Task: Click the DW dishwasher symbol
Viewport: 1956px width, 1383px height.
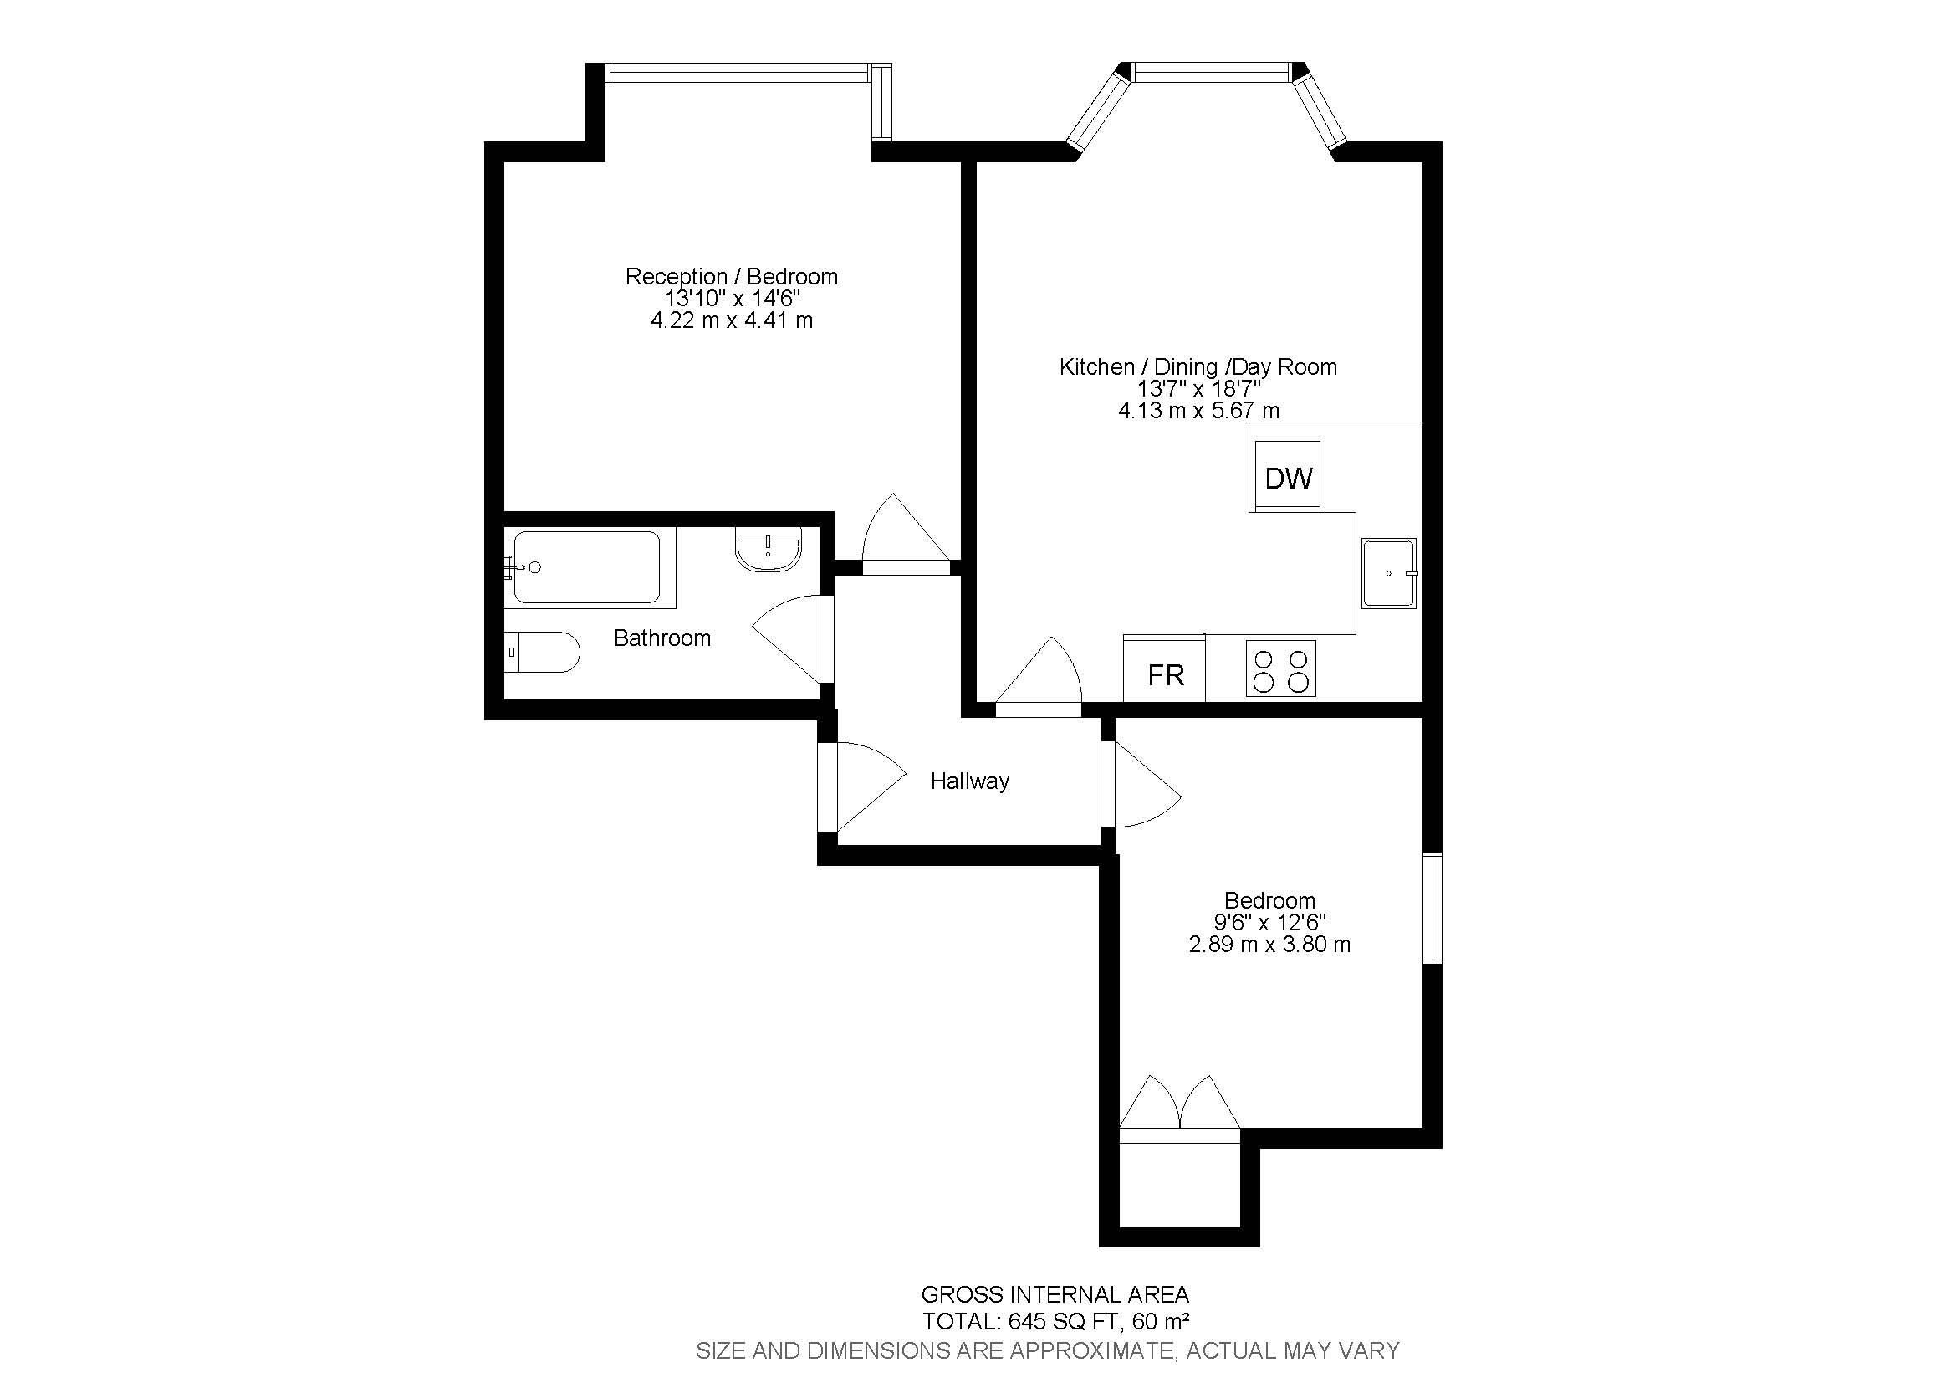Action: [1287, 477]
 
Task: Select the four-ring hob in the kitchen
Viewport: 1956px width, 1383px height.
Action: [1280, 669]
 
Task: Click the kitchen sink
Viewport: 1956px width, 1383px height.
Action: [1389, 572]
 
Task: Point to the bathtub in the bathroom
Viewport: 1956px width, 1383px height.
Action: [586, 566]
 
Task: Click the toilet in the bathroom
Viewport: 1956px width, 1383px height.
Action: [541, 652]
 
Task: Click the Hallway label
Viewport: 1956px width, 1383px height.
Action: [969, 781]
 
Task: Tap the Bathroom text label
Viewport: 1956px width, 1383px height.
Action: [662, 638]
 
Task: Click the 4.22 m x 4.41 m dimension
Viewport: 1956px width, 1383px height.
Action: [731, 320]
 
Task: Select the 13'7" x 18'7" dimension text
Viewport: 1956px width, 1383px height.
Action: [1198, 388]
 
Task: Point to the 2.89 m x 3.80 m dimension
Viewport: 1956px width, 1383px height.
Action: [1269, 944]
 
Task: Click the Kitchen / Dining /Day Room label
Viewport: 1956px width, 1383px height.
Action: [1198, 366]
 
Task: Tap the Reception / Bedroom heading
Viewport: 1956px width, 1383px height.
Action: [731, 276]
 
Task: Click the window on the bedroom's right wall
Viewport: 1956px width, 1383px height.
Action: [1432, 909]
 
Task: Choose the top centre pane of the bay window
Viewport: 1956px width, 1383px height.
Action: [1213, 74]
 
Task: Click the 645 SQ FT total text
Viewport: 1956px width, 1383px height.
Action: [1055, 1322]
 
